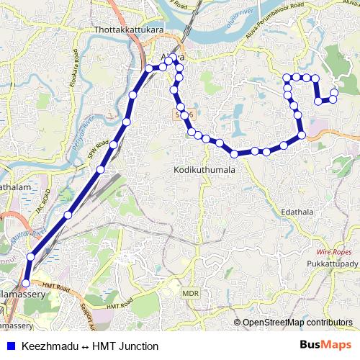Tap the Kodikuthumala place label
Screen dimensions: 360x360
[204, 169]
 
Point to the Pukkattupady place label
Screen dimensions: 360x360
[328, 266]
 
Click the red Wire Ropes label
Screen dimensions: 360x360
[333, 253]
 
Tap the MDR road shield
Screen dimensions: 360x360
[190, 294]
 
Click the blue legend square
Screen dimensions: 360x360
[9, 346]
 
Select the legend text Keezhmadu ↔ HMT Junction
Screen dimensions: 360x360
[90, 346]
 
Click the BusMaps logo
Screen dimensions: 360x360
[325, 346]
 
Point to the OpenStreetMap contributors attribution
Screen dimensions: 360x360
[297, 323]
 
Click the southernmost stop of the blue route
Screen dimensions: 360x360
[27, 284]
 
